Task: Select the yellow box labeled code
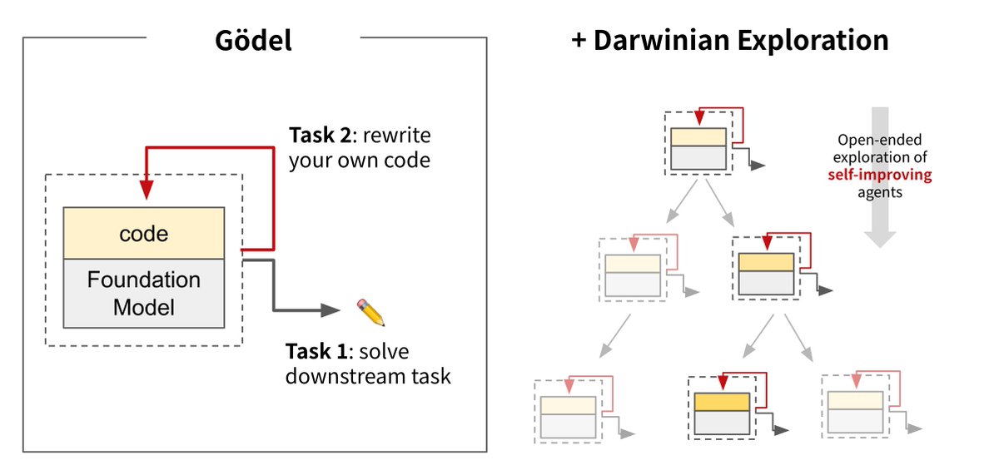coord(143,234)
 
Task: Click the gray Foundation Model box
coord(143,293)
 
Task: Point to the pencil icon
coord(369,312)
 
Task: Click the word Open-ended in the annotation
coord(880,141)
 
